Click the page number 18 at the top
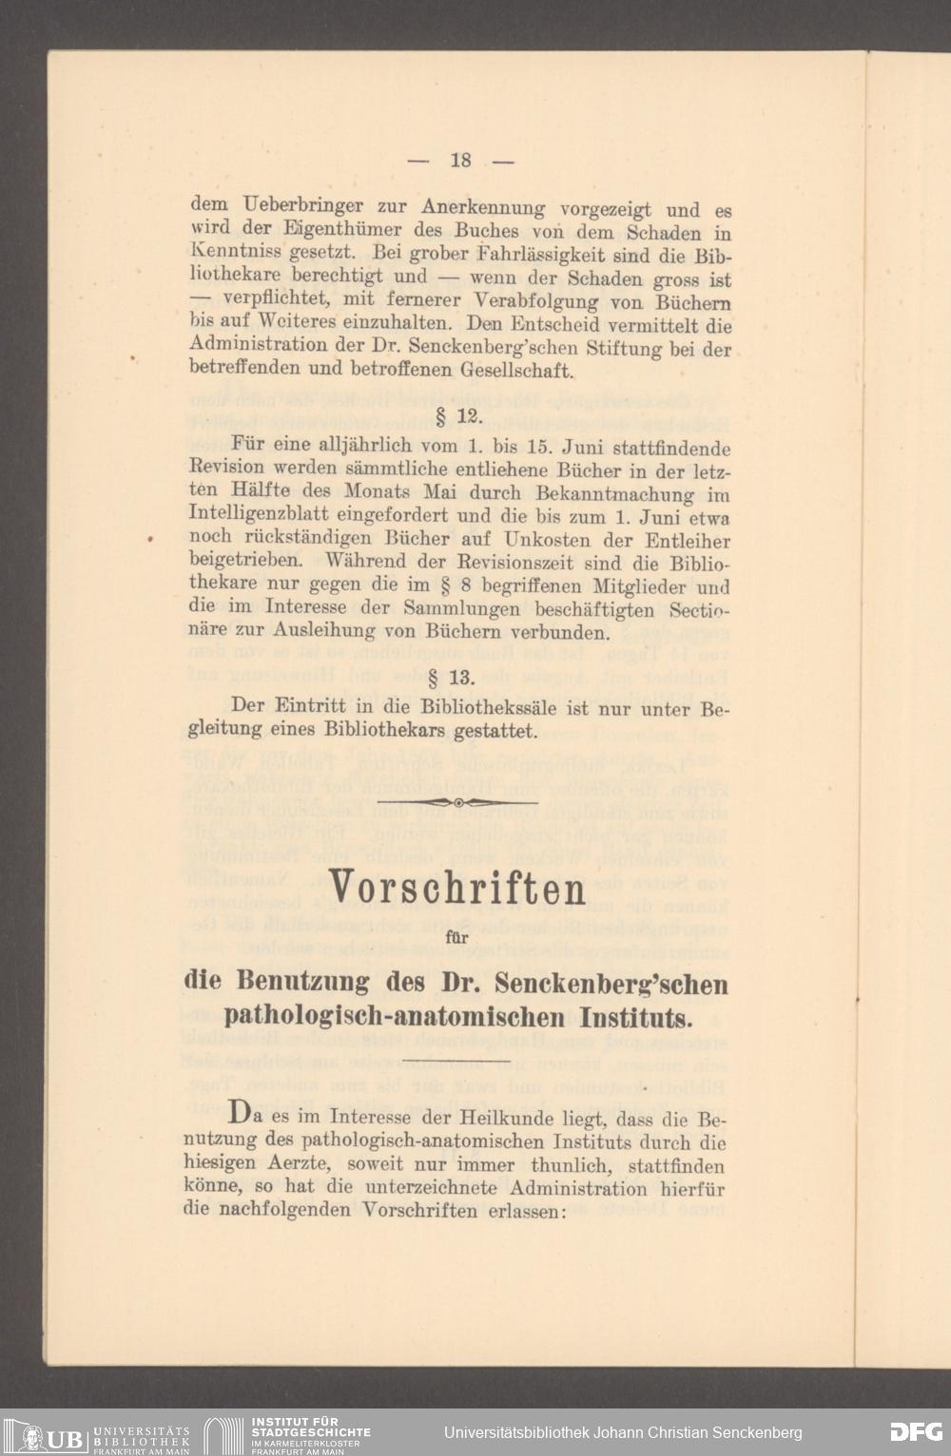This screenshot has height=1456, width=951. pyautogui.click(x=461, y=161)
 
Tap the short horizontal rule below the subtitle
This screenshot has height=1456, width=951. pyautogui.click(x=456, y=1059)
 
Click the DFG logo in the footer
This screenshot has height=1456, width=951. pyautogui.click(x=916, y=1432)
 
